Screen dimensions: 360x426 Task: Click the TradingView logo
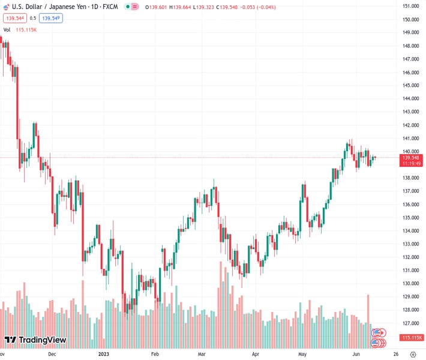(35, 340)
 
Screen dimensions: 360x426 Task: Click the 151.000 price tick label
(410, 7)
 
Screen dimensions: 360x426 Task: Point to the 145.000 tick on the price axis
(410, 85)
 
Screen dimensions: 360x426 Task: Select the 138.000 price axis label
(410, 178)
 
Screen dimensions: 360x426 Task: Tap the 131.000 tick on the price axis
(410, 270)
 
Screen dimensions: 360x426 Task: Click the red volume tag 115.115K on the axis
(413, 338)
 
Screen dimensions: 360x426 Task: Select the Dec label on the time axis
(52, 354)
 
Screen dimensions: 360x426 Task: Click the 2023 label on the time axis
(104, 354)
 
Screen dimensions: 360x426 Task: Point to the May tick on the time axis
(302, 354)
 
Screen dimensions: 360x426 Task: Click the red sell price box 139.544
(14, 18)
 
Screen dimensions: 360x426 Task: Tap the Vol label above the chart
(7, 29)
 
